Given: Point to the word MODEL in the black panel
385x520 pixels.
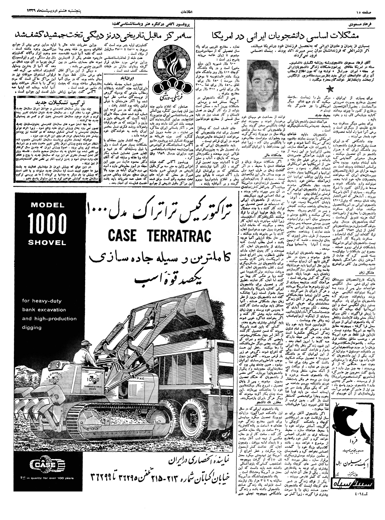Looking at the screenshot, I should click(47, 205).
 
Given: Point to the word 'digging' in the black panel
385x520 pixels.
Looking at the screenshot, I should click(32, 327).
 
